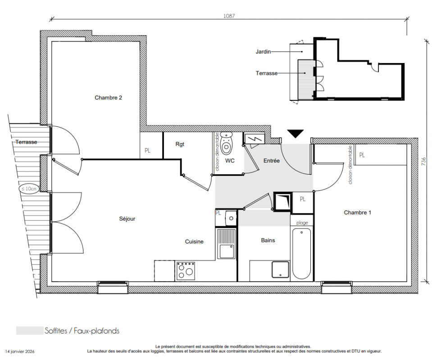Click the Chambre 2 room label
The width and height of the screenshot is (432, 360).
tap(108, 98)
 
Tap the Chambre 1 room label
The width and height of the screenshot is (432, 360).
tap(357, 212)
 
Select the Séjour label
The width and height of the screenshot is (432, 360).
tap(127, 219)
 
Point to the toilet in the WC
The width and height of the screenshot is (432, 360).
tap(227, 143)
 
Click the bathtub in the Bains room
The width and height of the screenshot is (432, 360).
tap(302, 253)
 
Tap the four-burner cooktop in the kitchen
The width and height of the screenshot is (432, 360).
tap(186, 271)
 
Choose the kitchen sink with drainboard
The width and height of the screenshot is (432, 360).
tap(227, 244)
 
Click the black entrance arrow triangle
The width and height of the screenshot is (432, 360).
tap(296, 134)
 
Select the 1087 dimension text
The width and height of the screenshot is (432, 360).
tap(229, 16)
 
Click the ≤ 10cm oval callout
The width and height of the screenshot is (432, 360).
tap(29, 189)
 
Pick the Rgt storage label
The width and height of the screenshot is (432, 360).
tap(180, 144)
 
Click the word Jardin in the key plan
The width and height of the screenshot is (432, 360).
tap(263, 51)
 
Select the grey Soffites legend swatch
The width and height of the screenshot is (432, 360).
tap(30, 331)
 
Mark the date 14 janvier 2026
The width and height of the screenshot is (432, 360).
tap(20, 351)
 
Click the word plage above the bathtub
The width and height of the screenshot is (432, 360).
tap(302, 223)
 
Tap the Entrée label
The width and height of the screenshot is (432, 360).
tap(271, 161)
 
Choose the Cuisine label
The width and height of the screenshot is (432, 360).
tap(194, 241)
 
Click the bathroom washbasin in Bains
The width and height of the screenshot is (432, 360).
tap(280, 270)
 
